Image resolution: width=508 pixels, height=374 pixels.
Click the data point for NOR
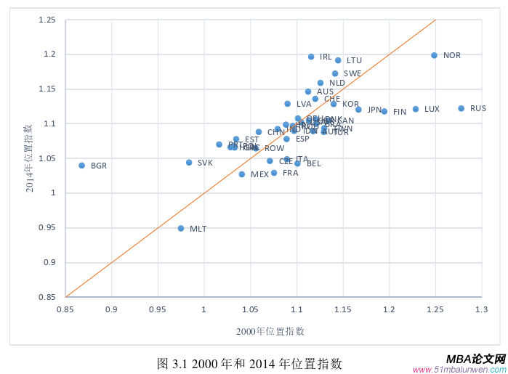pos(434,55)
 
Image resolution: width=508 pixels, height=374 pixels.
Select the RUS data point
pos(461,108)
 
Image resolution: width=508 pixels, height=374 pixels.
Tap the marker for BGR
pos(81,166)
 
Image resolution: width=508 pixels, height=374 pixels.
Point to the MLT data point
pos(181,228)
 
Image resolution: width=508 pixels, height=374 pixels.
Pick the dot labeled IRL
pos(311,57)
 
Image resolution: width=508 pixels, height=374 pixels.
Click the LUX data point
pos(416,109)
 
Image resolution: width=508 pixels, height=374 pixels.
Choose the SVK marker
pos(189,163)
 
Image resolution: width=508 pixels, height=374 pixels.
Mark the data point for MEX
pos(242,174)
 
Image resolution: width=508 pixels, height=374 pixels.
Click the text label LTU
pos(354,60)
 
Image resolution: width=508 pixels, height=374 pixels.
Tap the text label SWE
pos(352,73)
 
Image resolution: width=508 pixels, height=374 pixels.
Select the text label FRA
pos(290,173)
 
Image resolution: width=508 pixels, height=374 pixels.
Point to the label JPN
pos(374,110)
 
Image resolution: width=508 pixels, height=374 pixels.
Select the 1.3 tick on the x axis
pos(481,309)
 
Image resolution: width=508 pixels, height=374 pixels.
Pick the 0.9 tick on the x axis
pos(111,309)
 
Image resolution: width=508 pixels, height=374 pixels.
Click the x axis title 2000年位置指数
pos(270,331)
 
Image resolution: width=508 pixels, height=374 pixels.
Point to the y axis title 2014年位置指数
pos(30,158)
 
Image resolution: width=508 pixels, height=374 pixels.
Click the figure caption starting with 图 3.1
pos(249,363)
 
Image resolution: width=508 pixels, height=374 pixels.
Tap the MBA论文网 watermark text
pos(475,359)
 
